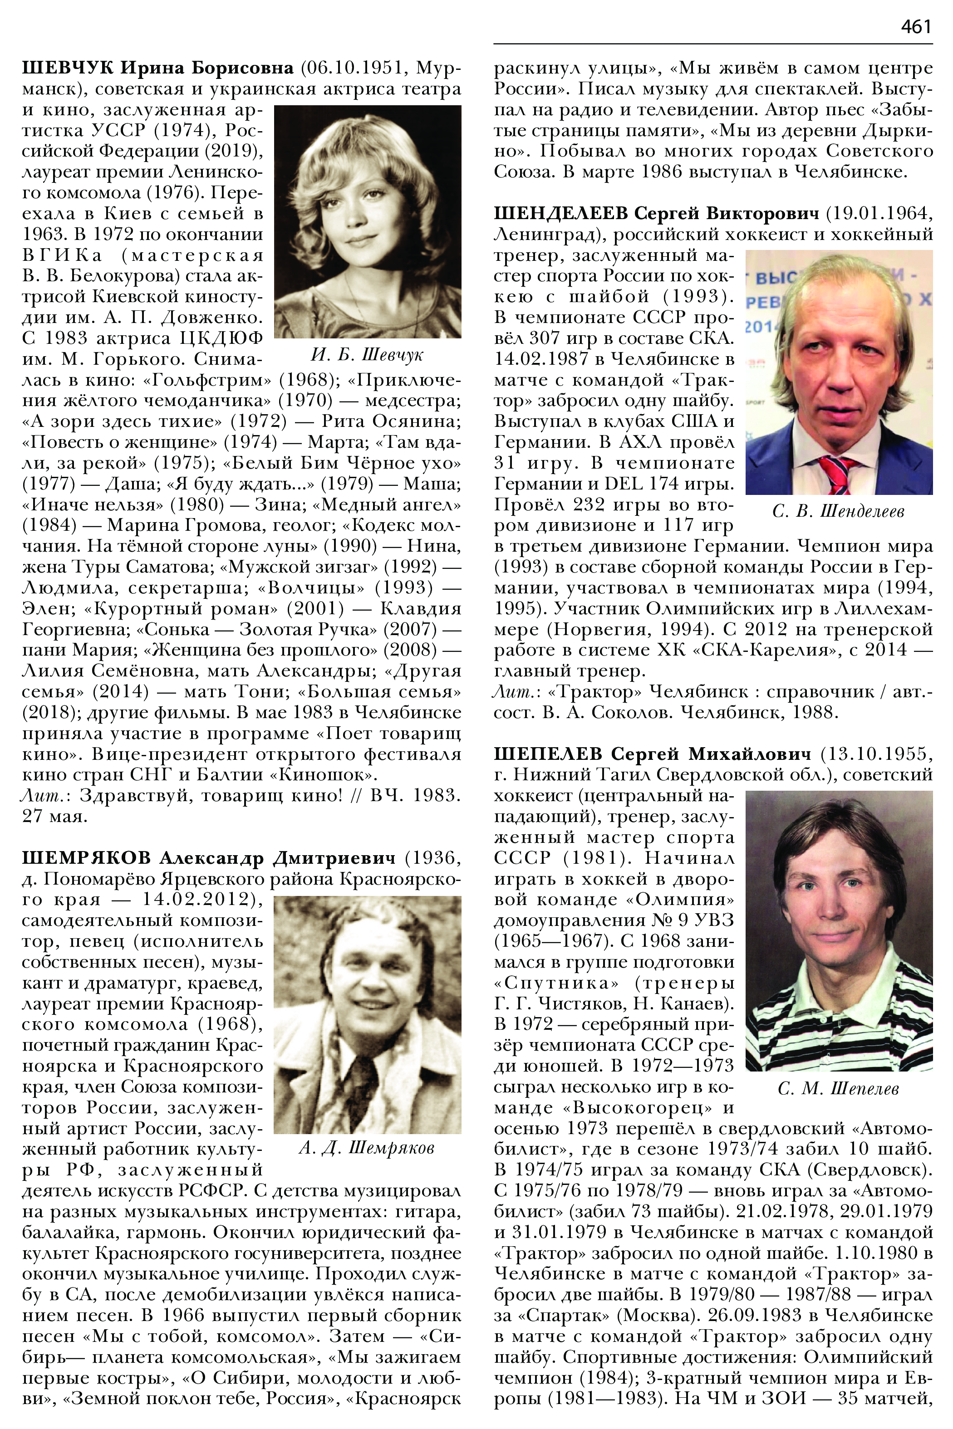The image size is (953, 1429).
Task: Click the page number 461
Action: [916, 27]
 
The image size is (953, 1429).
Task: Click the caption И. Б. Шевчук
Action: [367, 355]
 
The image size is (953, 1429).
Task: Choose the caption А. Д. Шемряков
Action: [367, 1148]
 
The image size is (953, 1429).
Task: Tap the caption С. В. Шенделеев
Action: [838, 512]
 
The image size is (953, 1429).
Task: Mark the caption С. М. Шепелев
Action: [838, 1088]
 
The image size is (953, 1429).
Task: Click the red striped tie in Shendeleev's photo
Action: [839, 475]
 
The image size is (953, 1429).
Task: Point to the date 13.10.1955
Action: [876, 754]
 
